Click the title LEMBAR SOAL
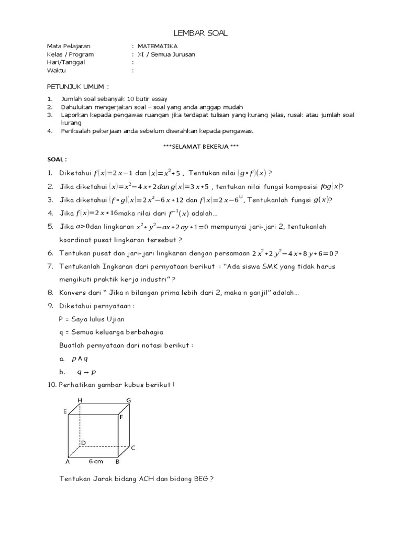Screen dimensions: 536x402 (201, 34)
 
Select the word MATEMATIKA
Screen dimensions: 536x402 (158, 46)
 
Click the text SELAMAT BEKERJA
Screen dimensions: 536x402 (202, 147)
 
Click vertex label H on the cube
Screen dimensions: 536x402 (80, 400)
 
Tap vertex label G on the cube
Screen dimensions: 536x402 (128, 400)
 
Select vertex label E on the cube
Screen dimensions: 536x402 (65, 411)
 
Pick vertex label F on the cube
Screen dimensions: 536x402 (121, 417)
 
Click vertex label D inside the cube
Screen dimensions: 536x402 (83, 443)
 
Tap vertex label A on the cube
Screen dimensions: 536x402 (68, 462)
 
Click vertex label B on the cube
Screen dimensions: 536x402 (118, 462)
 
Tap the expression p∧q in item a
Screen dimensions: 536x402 (80, 359)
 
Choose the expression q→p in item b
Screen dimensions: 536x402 (87, 372)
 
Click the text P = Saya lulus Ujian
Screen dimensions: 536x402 (92, 319)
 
